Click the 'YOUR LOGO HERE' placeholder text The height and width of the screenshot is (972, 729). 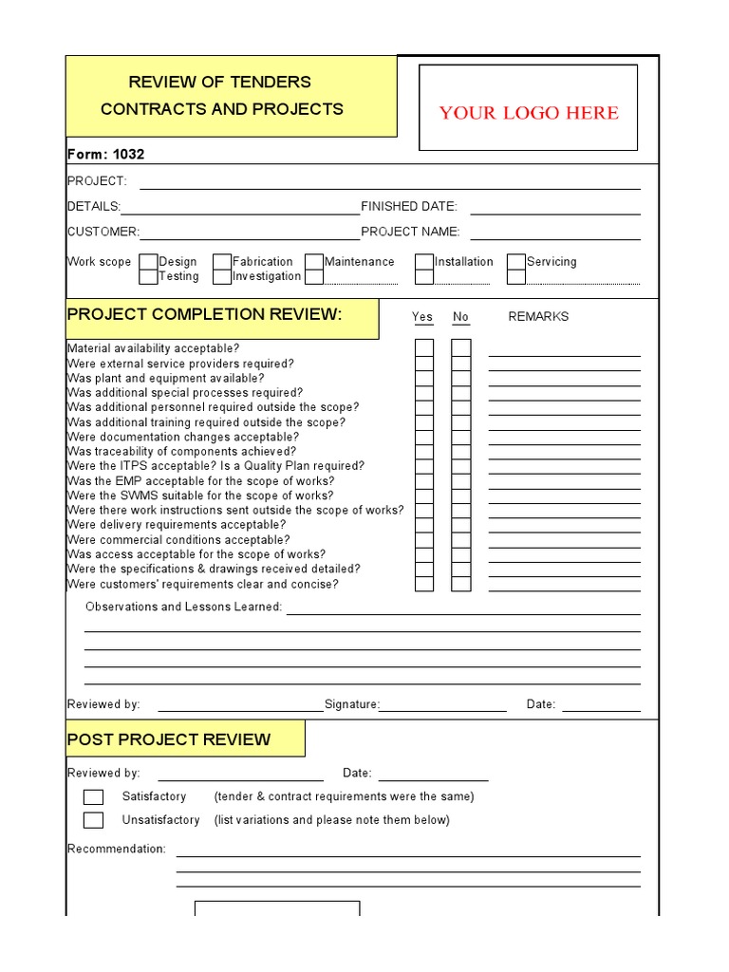pos(528,113)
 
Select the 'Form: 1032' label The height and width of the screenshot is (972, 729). pos(106,154)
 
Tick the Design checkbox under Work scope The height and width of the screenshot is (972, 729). pos(148,262)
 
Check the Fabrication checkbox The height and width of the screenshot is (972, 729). pos(221,262)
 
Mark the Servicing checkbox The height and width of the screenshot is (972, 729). pos(515,262)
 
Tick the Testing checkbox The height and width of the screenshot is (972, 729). pos(148,277)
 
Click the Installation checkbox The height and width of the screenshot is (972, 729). pos(423,262)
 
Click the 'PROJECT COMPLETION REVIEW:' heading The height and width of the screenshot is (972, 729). pos(203,315)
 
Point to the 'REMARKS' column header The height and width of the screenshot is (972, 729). pos(538,317)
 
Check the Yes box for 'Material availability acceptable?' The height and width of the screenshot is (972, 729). pos(423,347)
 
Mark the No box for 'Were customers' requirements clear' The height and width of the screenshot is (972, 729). pos(460,584)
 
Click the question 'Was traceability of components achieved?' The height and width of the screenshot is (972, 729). pos(181,452)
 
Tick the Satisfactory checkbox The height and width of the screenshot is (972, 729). pos(93,797)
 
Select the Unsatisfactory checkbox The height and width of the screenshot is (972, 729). pos(93,820)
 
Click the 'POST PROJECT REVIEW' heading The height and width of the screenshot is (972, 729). pos(169,739)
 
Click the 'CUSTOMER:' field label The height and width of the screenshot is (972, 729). pos(103,232)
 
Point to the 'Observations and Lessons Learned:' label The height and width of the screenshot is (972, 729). pos(184,607)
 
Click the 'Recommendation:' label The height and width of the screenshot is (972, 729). pos(116,849)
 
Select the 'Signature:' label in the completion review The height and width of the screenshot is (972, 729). pos(351,704)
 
